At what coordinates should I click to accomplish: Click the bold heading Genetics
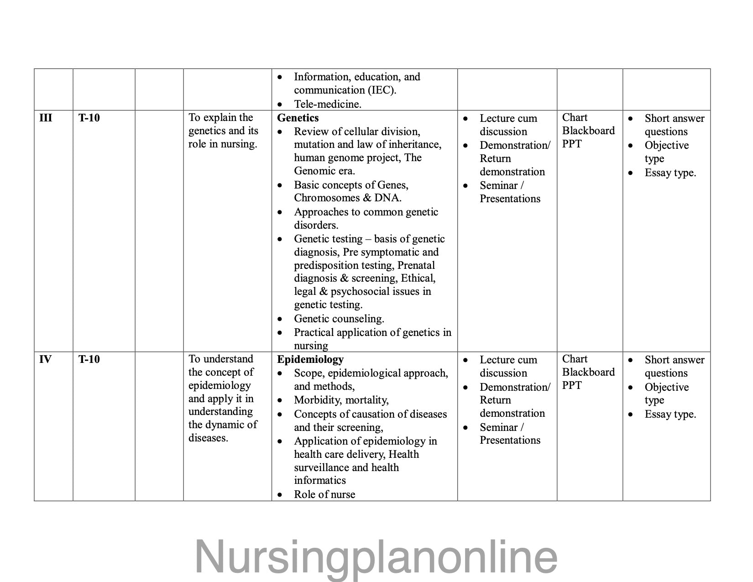(298, 118)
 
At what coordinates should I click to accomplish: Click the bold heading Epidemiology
(310, 359)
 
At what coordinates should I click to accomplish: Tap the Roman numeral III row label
(46, 118)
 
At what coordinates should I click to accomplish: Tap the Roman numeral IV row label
(45, 359)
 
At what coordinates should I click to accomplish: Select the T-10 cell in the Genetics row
(89, 118)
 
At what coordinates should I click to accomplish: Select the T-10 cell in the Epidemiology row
(89, 359)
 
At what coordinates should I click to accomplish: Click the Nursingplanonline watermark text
(376, 556)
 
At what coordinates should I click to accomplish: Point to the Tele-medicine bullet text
(327, 104)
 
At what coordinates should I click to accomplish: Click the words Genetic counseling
(339, 319)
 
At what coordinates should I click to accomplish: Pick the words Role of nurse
(324, 494)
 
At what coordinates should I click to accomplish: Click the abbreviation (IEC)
(382, 90)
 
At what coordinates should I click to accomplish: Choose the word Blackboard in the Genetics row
(588, 131)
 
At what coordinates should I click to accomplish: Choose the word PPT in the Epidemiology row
(572, 385)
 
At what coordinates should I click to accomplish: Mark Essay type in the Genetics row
(670, 173)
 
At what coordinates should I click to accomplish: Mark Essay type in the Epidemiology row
(670, 414)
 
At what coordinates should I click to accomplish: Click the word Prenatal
(416, 265)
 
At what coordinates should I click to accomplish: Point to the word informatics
(319, 480)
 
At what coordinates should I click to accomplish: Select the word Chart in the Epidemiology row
(575, 359)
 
